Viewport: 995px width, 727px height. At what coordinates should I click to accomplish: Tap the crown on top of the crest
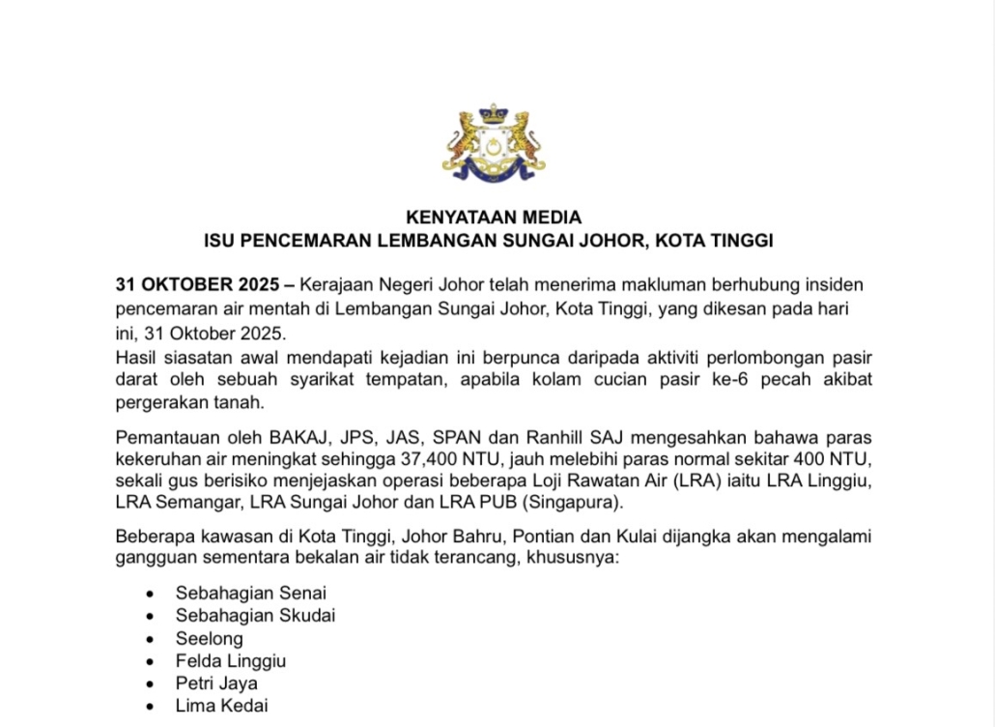coord(494,115)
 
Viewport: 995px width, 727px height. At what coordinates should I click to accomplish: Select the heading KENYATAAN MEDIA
coord(493,218)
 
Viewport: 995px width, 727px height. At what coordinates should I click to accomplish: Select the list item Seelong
coord(210,639)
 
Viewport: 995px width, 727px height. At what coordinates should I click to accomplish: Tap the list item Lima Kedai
coord(221,706)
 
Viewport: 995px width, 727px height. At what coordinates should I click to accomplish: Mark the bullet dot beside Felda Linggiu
coord(149,662)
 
